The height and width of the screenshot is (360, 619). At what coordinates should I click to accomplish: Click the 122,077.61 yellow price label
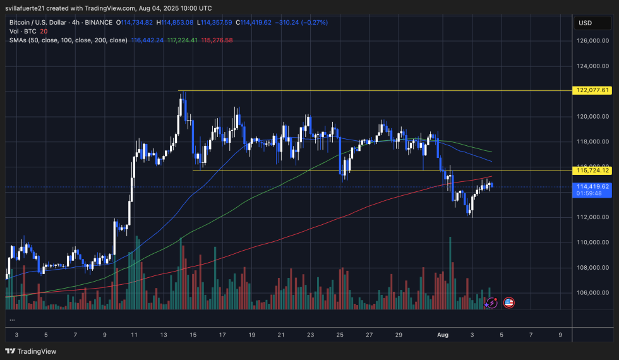592,90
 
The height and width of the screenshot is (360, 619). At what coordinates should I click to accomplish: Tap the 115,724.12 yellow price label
592,171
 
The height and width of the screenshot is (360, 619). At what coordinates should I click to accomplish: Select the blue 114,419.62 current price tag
592,186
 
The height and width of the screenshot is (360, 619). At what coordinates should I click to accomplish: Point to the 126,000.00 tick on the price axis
592,40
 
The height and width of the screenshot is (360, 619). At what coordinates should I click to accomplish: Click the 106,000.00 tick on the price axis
592,292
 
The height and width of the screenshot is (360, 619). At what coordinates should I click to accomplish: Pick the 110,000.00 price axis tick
592,242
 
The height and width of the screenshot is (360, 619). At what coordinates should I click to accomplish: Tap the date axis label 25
340,335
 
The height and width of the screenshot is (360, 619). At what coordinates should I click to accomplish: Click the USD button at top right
585,23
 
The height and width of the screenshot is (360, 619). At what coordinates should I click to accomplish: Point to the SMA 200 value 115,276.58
216,40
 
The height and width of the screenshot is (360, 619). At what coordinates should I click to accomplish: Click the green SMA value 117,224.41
183,40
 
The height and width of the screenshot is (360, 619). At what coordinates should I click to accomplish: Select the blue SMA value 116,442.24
148,40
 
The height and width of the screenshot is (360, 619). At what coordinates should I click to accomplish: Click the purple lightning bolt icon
491,303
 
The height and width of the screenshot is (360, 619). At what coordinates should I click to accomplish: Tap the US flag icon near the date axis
508,303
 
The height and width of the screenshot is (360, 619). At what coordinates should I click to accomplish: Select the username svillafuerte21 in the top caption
32,8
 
